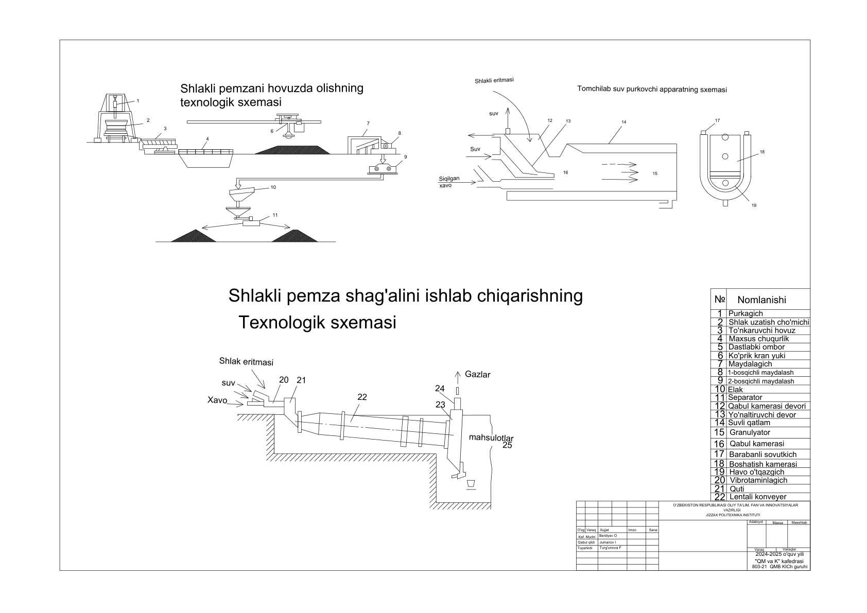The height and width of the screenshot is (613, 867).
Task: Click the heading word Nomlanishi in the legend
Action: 761,300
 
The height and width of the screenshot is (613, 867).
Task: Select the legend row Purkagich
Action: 745,313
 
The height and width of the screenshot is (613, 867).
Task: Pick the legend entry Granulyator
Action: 750,432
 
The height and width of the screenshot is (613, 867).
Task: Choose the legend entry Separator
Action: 745,397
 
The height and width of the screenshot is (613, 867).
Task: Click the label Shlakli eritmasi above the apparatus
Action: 494,80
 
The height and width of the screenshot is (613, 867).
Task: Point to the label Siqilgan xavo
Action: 449,182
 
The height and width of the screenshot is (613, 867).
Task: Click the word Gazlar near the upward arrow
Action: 477,374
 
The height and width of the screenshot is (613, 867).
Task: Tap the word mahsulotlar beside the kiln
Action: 491,438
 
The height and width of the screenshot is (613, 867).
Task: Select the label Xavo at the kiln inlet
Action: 217,400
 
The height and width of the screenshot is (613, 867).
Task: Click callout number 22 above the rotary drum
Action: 362,396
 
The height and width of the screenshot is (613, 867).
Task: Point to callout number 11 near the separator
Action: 275,215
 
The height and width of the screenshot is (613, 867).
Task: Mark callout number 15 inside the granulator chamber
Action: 655,173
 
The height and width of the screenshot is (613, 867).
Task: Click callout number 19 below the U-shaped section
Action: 754,205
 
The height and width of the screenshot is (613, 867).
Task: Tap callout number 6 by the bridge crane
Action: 272,131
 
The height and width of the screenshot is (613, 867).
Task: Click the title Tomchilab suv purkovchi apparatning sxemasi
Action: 652,90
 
